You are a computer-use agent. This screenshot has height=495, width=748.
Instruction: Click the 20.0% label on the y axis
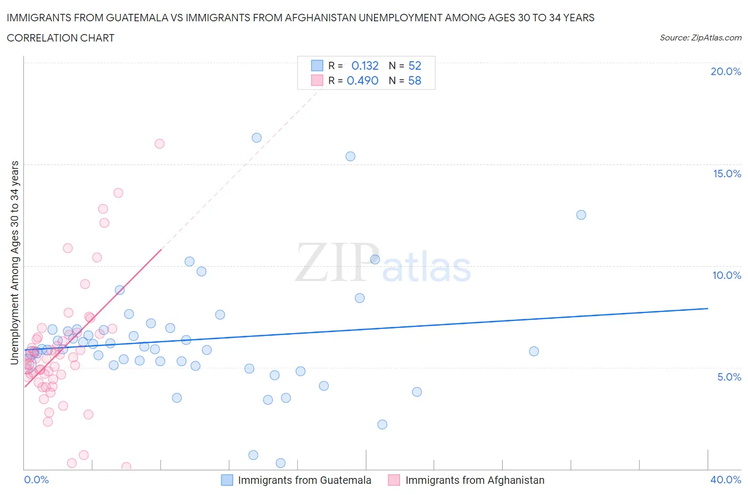click(726, 71)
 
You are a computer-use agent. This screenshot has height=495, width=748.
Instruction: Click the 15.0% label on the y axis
click(726, 174)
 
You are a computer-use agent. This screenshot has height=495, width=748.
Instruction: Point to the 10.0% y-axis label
click(726, 275)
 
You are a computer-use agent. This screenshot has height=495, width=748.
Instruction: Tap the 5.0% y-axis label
click(729, 377)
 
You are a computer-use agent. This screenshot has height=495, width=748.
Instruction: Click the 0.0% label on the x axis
click(36, 480)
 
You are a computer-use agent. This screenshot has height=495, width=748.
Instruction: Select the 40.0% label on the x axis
click(726, 480)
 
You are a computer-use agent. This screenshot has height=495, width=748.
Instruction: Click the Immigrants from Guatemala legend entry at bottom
click(304, 480)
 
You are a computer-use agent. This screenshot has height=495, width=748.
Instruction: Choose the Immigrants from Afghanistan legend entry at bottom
click(475, 480)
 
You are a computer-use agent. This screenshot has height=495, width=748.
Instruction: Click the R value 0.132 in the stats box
click(365, 65)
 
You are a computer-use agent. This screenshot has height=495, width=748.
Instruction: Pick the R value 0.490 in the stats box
click(362, 80)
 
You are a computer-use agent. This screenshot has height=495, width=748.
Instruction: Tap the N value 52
click(415, 65)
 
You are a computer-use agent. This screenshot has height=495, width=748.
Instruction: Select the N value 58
click(415, 80)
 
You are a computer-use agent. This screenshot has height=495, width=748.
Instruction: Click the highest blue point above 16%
click(256, 138)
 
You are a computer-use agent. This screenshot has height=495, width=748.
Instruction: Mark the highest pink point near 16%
click(160, 144)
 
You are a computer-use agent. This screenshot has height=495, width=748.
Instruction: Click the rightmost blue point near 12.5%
click(581, 215)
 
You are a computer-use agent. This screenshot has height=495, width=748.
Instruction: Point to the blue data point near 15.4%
click(350, 156)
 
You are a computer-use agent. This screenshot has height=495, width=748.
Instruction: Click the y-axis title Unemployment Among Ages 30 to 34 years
click(14, 262)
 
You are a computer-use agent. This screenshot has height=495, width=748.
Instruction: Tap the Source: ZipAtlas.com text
click(700, 38)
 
